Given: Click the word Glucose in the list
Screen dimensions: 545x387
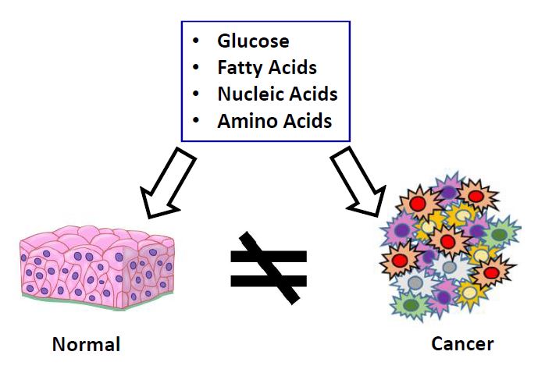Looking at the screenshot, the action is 253,41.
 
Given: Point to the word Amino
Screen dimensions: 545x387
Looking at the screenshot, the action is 248,121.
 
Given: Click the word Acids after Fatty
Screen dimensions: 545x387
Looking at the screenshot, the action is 290,67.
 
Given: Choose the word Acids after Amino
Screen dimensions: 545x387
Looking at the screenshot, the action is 308,121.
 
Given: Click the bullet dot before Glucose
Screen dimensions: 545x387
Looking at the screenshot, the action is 196,41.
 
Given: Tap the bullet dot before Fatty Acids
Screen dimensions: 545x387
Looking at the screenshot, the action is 196,67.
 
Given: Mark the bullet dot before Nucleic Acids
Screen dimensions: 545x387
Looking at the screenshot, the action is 196,94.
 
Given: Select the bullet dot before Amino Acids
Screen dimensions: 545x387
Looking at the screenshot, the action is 196,120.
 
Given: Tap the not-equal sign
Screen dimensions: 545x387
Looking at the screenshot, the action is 269,268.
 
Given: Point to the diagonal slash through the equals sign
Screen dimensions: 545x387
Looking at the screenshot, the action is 269,268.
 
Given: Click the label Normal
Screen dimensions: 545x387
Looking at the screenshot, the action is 86,345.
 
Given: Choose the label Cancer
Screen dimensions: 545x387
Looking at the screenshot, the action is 462,344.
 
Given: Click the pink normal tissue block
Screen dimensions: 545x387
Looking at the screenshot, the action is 97,268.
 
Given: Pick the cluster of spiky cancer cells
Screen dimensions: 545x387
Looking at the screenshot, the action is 450,247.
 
